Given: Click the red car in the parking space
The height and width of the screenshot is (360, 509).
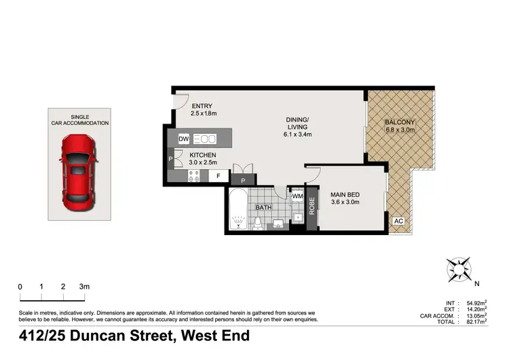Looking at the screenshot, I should [x=79, y=171].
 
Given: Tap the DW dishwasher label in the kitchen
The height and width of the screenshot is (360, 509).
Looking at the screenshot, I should [x=183, y=139].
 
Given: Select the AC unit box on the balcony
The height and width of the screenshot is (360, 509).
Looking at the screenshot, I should [x=399, y=221].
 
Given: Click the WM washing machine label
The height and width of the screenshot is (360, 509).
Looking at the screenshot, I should [x=297, y=197].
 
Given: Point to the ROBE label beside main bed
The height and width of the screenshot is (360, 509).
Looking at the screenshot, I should [x=312, y=205].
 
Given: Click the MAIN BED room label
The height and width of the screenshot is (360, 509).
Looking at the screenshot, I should [x=344, y=196].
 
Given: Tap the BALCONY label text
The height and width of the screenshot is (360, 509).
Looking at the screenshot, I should [x=400, y=122].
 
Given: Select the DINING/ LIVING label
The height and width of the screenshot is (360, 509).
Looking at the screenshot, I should [x=297, y=122].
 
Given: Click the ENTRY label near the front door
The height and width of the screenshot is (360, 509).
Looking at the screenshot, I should [x=202, y=106].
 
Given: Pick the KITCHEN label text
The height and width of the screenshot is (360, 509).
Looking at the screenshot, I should [x=203, y=156].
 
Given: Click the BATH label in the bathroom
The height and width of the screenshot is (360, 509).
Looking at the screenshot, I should [x=272, y=207].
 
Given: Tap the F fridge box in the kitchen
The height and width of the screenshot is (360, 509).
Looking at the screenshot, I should [x=219, y=176].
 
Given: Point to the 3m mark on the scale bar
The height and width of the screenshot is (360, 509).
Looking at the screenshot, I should [x=84, y=287].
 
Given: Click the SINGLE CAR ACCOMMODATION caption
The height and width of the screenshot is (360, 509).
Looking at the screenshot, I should [x=80, y=120].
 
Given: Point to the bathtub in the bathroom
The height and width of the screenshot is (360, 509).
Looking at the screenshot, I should [x=238, y=210].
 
